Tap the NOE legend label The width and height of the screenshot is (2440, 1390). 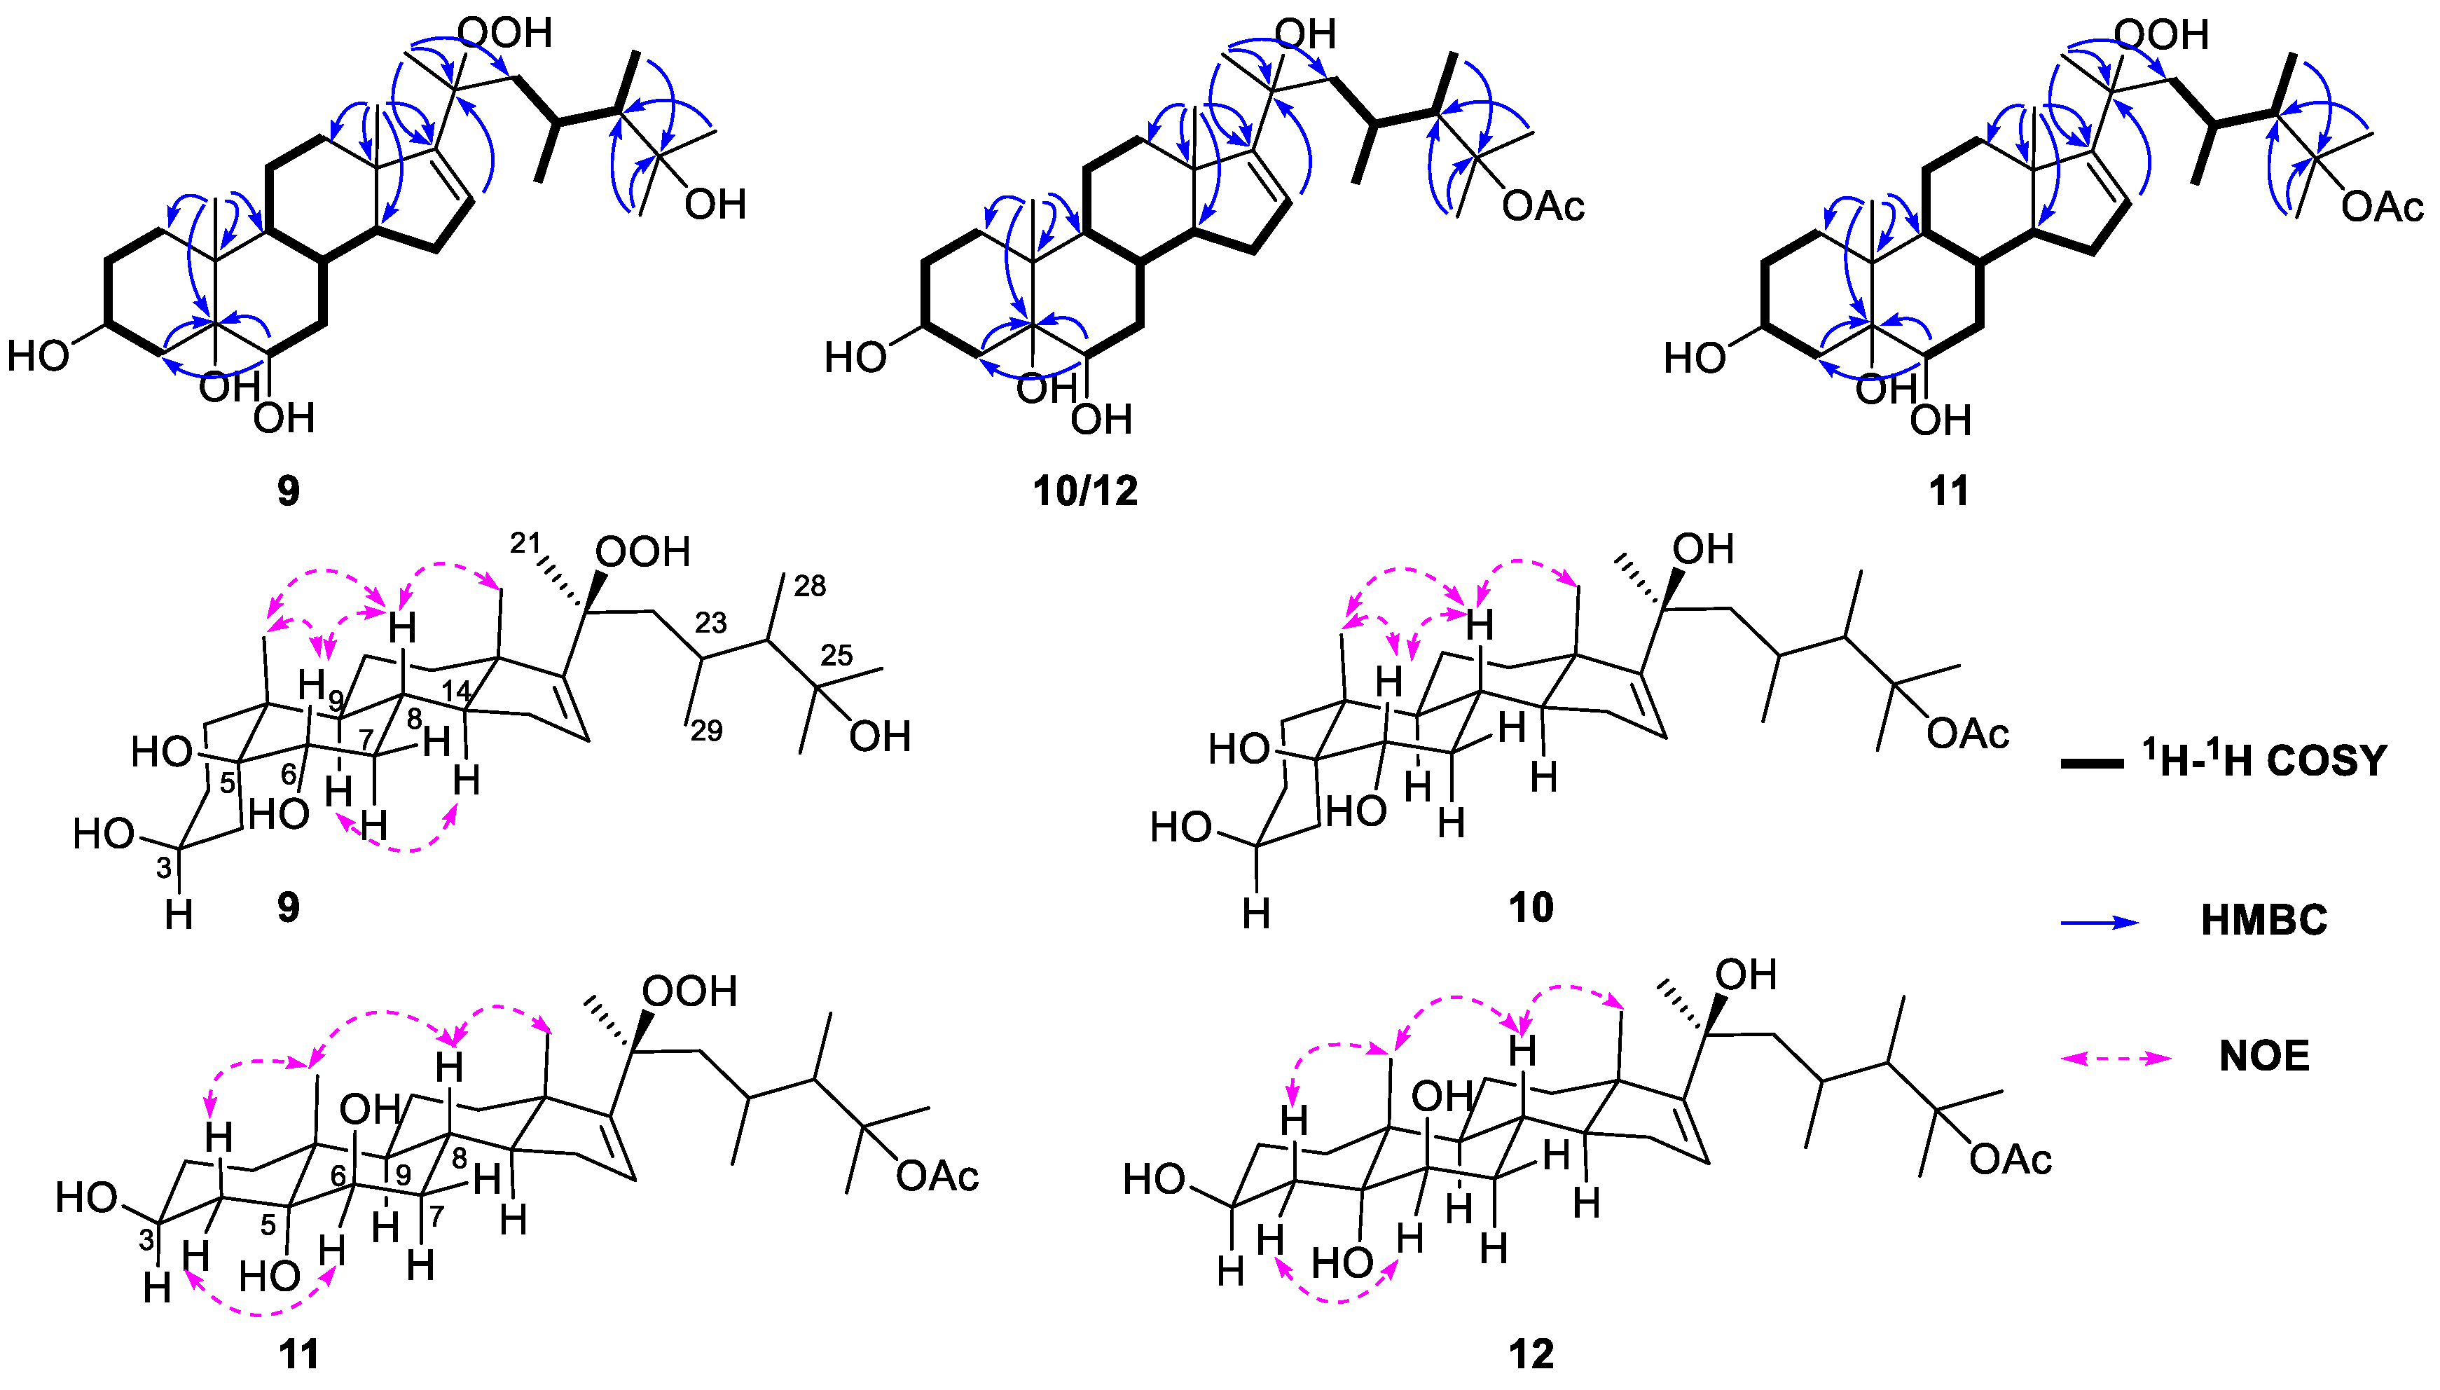tap(2263, 1056)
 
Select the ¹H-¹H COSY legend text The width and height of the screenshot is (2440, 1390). tap(2263, 761)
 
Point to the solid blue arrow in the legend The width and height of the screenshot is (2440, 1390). tap(2101, 922)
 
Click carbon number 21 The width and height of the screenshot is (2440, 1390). tap(524, 543)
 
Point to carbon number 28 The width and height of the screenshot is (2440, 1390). tap(810, 586)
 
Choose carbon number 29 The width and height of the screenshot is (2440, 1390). tap(706, 731)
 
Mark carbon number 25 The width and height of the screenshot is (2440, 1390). tap(836, 655)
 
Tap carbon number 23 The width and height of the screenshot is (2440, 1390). tap(710, 624)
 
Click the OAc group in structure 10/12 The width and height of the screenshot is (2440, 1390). tap(1543, 206)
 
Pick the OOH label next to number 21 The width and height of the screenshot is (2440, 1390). tap(642, 552)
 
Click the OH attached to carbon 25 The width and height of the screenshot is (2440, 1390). tap(879, 736)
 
